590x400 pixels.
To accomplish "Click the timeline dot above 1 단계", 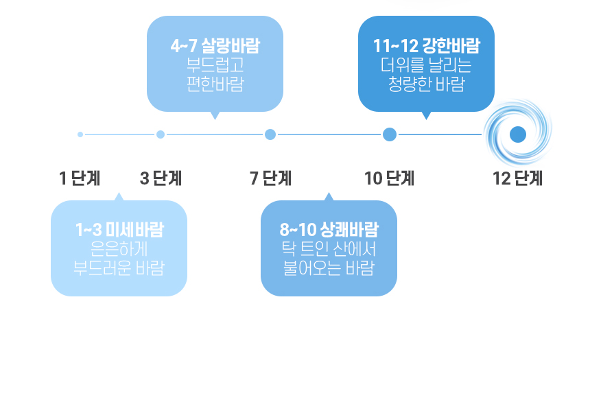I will click(80, 134).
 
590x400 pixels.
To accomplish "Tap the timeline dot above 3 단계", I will click(161, 134).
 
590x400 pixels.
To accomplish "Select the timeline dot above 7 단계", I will click(270, 134).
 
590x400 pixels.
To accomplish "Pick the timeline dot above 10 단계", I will click(390, 134).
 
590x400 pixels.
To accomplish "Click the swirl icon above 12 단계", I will click(518, 134).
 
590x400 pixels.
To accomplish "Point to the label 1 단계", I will click(80, 179).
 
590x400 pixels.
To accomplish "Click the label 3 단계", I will click(161, 179).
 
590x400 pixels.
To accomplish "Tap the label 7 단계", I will click(270, 179).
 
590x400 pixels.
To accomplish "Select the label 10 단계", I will click(389, 179).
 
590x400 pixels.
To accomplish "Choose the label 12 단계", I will click(517, 179).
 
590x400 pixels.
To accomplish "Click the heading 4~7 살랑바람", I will click(215, 47).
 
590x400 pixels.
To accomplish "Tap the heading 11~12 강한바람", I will click(426, 47).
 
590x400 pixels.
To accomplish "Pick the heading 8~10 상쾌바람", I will click(329, 230).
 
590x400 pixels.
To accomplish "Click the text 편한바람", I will click(215, 84).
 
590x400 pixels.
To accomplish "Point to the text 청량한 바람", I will click(426, 84).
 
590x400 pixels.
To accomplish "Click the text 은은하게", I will click(119, 248).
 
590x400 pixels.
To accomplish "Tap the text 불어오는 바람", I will click(329, 267).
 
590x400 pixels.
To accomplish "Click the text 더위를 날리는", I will click(426, 66).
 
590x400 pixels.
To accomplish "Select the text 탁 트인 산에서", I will click(329, 248).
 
